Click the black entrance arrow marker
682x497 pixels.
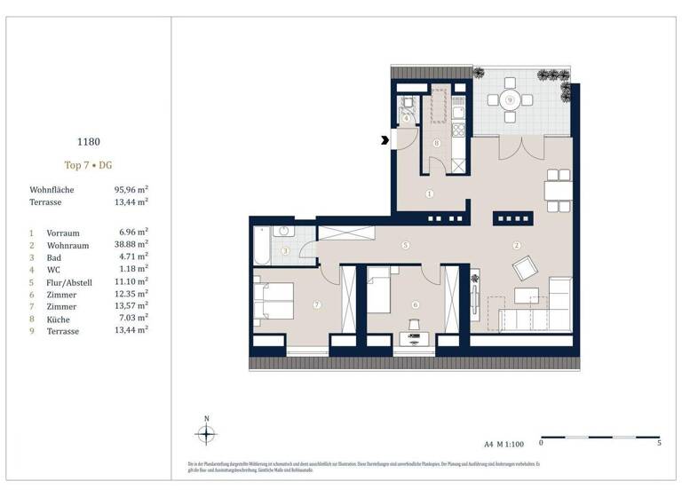coord(384,139)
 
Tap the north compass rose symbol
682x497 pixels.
coord(207,434)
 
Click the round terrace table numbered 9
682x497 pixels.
coord(509,100)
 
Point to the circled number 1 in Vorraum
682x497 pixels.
coord(429,193)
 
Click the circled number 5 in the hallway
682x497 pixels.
coord(404,244)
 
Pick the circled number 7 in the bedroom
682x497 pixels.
coord(316,305)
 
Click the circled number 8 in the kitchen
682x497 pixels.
coord(436,143)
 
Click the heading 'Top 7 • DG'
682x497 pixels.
coord(88,165)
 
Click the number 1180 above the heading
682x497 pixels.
coord(88,139)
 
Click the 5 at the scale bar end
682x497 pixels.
coord(657,443)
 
